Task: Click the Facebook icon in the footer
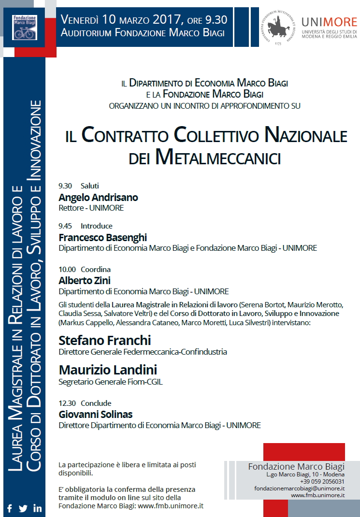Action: click(9, 508)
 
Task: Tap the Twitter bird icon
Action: click(23, 508)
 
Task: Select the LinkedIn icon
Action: click(38, 508)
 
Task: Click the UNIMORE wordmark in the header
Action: click(329, 23)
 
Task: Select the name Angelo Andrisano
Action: click(98, 197)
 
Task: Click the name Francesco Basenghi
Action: click(102, 237)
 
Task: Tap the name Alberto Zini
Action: click(85, 280)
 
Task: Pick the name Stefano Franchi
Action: click(104, 340)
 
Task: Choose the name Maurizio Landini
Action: click(108, 370)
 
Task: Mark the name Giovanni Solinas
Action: click(95, 414)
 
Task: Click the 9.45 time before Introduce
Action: click(65, 226)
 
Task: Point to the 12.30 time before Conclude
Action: click(67, 403)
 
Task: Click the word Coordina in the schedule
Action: click(96, 269)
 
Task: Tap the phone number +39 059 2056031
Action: click(322, 481)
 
